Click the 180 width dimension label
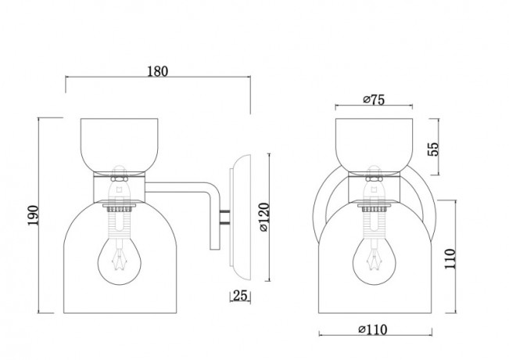click(x=158, y=71)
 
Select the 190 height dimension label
click(x=33, y=215)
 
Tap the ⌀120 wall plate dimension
click(x=264, y=217)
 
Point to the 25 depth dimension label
click(x=240, y=296)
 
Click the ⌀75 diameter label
click(x=374, y=99)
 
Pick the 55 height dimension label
click(x=432, y=149)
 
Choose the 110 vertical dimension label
click(x=450, y=258)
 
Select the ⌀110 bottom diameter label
click(x=373, y=329)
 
